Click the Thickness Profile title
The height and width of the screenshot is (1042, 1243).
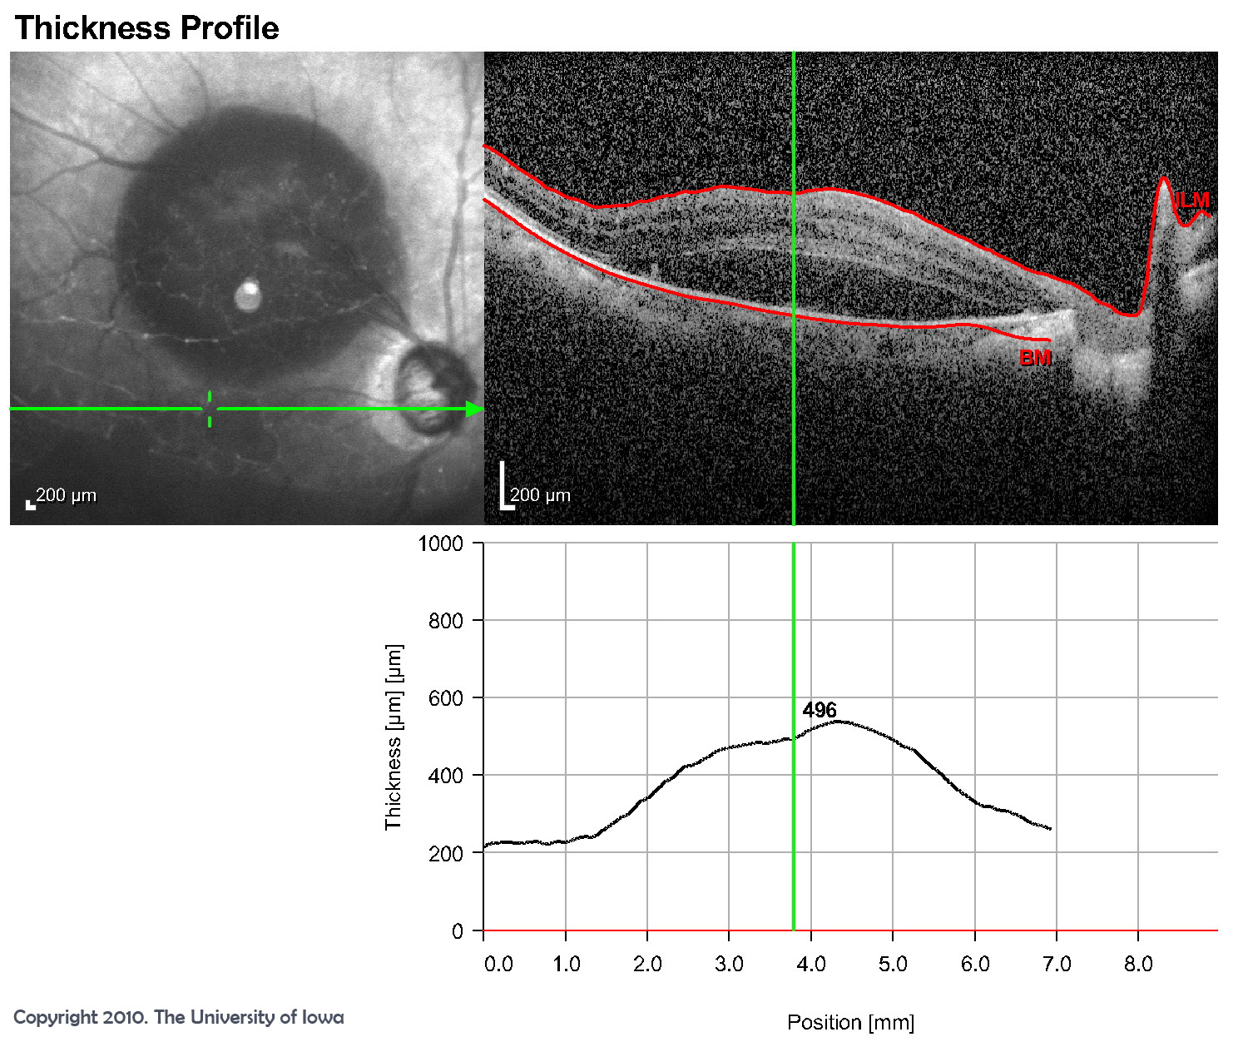pyautogui.click(x=146, y=28)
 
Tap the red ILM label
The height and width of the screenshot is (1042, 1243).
pyautogui.click(x=1191, y=201)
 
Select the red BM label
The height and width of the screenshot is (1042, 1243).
pyautogui.click(x=1035, y=358)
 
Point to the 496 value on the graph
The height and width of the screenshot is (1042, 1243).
pyautogui.click(x=820, y=710)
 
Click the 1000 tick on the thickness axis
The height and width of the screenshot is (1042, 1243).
pyautogui.click(x=440, y=543)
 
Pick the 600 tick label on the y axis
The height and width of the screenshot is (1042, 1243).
pyautogui.click(x=445, y=698)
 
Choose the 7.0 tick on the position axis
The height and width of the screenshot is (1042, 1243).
pyautogui.click(x=1057, y=964)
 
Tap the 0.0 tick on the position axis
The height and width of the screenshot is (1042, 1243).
pyautogui.click(x=498, y=964)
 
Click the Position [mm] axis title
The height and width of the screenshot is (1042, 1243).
pyautogui.click(x=850, y=1022)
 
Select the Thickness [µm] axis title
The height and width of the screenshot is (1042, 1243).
pyautogui.click(x=393, y=737)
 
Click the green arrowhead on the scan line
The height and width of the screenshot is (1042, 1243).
pyautogui.click(x=474, y=409)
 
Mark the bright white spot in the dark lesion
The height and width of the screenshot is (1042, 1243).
pyautogui.click(x=248, y=295)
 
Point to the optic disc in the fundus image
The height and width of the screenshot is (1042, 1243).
pyautogui.click(x=426, y=392)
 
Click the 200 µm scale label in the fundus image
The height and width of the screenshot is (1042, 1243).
pyautogui.click(x=66, y=495)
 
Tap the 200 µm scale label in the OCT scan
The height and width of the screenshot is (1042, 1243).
pyautogui.click(x=540, y=495)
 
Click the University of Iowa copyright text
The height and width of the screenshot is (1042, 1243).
pyautogui.click(x=178, y=1017)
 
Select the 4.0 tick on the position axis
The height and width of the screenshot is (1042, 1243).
pyautogui.click(x=811, y=964)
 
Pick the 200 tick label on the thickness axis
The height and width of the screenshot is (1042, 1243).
pyautogui.click(x=445, y=853)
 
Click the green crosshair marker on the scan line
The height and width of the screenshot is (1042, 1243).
pyautogui.click(x=209, y=409)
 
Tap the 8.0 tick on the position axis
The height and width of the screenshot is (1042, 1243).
pyautogui.click(x=1138, y=964)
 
